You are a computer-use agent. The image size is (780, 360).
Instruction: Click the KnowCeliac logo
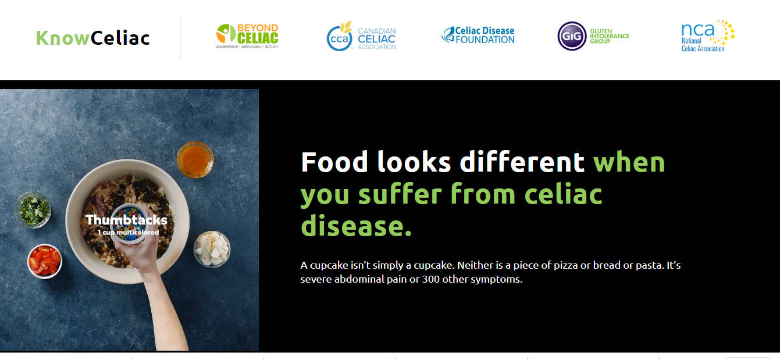[x=93, y=38]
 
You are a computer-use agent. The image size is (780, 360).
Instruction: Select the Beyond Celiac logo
[x=247, y=36]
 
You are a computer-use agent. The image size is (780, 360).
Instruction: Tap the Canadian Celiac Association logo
[x=361, y=36]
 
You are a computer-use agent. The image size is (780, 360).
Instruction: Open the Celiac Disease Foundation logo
[x=478, y=35]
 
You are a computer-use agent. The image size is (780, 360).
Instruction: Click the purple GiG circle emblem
[x=572, y=36]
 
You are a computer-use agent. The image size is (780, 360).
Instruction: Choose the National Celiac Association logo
[x=708, y=36]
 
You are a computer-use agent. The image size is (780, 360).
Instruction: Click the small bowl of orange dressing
[x=195, y=160]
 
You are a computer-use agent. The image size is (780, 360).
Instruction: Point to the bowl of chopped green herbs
[x=33, y=210]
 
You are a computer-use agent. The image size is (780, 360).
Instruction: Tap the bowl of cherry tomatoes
[x=45, y=261]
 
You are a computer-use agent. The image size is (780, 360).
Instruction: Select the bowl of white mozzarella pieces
[x=212, y=249]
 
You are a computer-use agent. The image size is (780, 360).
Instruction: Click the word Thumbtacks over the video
[x=126, y=220]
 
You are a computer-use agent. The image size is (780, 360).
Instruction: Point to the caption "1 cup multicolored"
[x=128, y=232]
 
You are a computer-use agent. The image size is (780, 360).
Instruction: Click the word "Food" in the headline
[x=334, y=162]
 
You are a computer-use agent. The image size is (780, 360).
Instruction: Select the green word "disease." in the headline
[x=356, y=226]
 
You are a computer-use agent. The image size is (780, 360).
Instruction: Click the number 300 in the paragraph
[x=431, y=279]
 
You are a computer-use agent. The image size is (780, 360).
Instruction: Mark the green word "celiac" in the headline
[x=564, y=194]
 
